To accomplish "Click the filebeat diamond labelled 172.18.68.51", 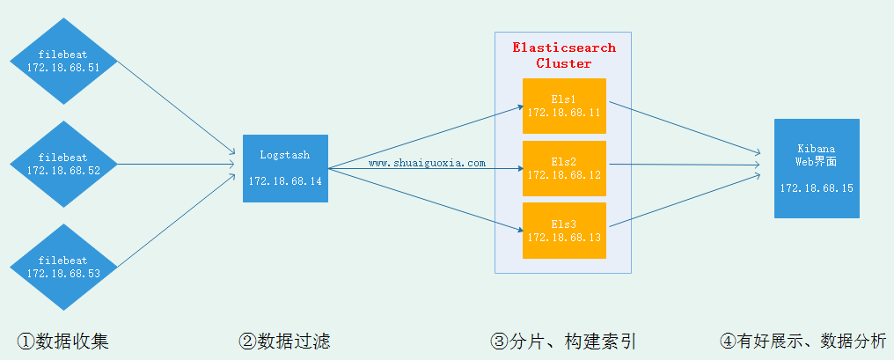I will pos(63,61).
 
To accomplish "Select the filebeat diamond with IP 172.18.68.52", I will pos(63,164).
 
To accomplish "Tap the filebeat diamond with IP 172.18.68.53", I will pos(63,267).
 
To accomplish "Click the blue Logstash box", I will pos(285,168).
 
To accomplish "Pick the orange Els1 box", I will pos(564,106).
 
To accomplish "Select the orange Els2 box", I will pos(564,168).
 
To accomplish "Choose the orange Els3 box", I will pos(564,231).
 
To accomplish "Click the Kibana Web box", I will pos(817,168).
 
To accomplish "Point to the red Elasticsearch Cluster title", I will pos(564,55).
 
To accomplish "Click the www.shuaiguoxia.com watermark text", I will pos(427,163).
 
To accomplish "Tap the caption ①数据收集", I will pos(63,341).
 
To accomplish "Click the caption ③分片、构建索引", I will pos(563,341).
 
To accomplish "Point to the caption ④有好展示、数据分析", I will pos(802,341).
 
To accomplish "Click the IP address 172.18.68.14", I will pos(285,180).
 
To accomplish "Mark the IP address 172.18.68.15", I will pos(817,188).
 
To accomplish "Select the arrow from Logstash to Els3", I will pos(422,200).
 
